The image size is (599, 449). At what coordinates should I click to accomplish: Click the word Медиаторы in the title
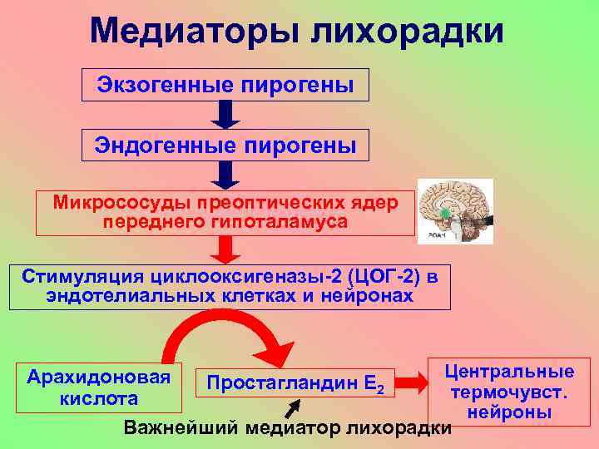[x=194, y=31]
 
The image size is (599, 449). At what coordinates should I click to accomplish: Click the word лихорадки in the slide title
[x=407, y=31]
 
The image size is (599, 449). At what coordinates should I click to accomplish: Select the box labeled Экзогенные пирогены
[x=225, y=85]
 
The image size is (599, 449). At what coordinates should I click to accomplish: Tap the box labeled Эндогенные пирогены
[x=225, y=146]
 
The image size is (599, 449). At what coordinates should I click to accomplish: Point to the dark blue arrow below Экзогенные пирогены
[x=225, y=115]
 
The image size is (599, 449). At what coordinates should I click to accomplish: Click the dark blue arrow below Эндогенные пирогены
[x=225, y=175]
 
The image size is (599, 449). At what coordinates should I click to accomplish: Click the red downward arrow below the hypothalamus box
[x=225, y=249]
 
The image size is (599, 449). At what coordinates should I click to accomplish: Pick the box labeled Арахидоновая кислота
[x=100, y=387]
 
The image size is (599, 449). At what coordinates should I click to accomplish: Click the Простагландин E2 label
[x=295, y=383]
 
